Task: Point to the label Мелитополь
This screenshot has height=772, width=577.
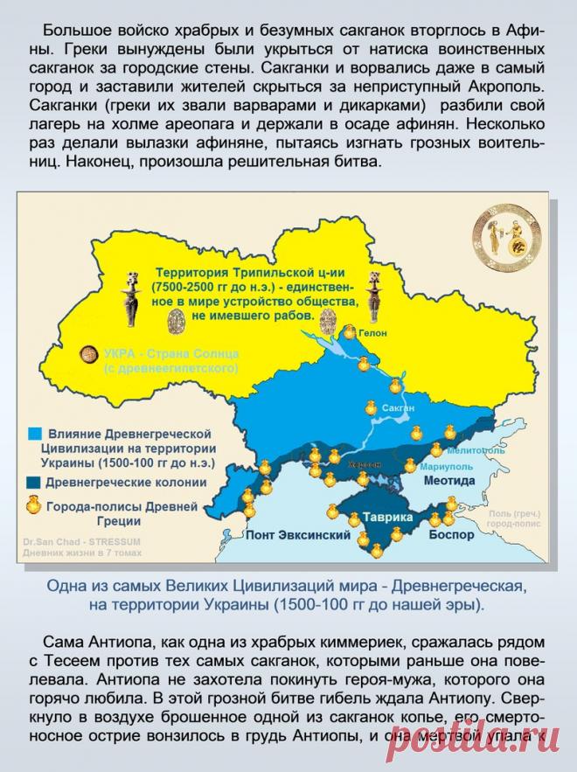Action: click(476, 451)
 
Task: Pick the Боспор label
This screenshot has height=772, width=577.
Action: click(451, 533)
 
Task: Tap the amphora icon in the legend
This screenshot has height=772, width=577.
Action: click(32, 504)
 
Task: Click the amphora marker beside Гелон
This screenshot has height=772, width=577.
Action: click(349, 332)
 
